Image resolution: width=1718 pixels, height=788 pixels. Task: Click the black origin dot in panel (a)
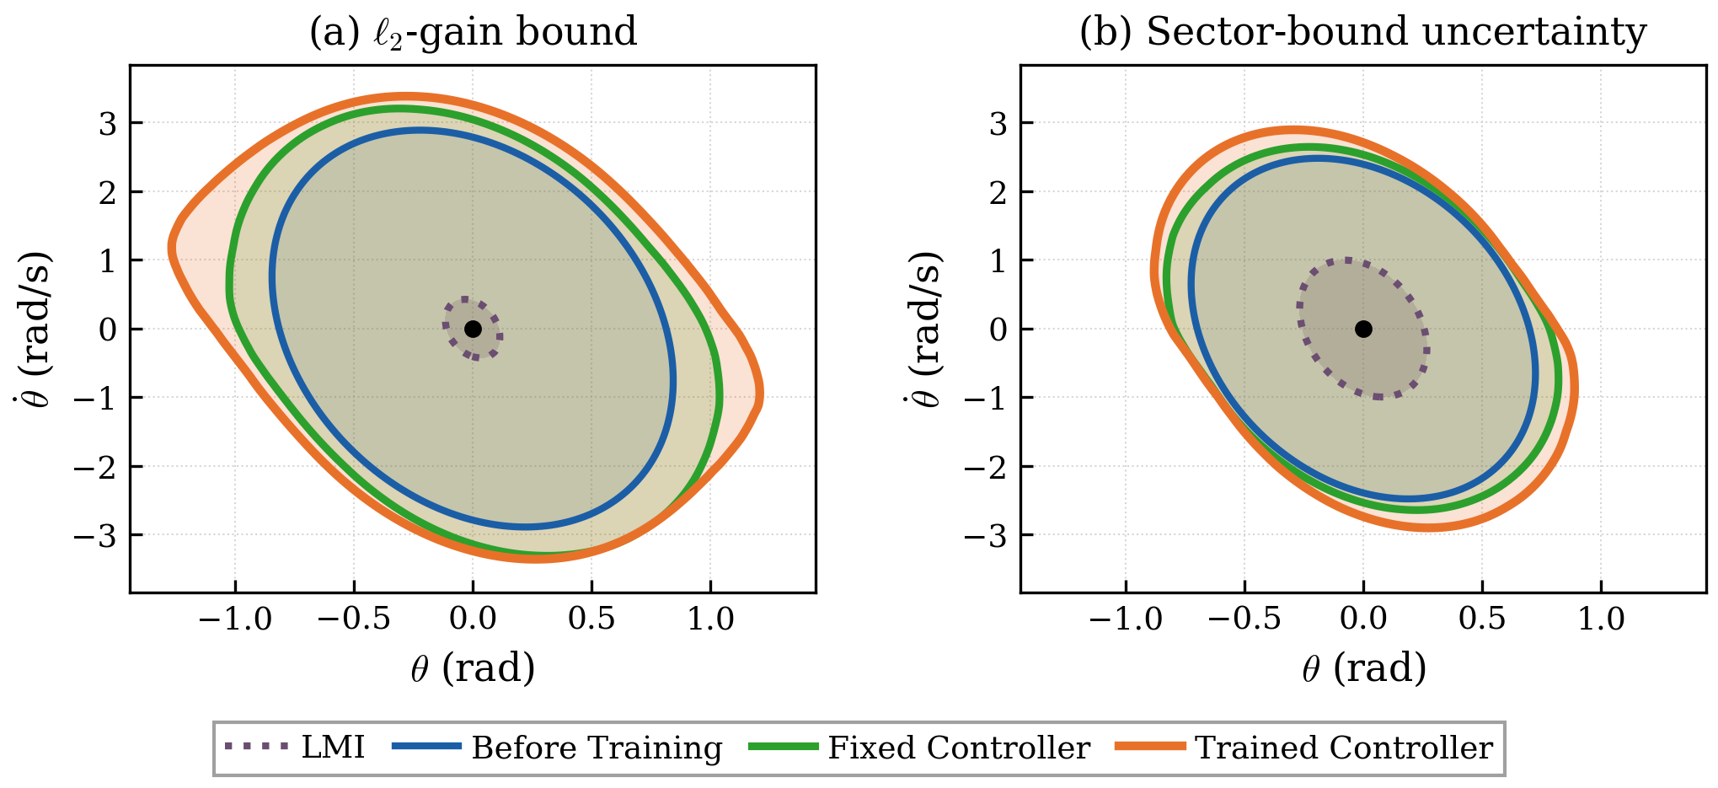click(473, 329)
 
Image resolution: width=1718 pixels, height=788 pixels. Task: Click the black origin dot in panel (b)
click(1363, 329)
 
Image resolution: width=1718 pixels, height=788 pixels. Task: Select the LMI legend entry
click(295, 748)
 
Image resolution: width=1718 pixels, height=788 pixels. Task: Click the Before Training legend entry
click(557, 748)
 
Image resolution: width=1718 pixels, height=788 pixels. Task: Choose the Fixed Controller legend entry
click(919, 748)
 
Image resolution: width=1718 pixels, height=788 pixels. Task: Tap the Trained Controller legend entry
click(1304, 748)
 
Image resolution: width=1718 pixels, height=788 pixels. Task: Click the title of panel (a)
click(473, 32)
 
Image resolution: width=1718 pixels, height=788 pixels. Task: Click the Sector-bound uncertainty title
click(1363, 32)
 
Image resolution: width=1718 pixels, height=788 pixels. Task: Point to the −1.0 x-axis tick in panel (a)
click(235, 619)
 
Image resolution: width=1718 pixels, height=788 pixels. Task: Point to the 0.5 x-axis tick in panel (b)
click(1482, 619)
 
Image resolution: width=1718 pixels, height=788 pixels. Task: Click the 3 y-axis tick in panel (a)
click(109, 123)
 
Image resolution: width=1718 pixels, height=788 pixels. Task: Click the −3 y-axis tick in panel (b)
click(986, 535)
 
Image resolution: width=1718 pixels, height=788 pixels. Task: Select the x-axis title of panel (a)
click(473, 668)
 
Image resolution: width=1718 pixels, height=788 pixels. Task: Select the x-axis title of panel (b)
click(1364, 668)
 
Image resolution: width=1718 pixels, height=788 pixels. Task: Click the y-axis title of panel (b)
click(924, 329)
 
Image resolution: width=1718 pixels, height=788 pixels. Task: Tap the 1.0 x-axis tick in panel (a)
click(711, 619)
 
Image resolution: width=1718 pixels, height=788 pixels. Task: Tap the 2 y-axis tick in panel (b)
click(999, 192)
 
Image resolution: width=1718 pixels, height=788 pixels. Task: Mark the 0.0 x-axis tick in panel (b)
click(1363, 619)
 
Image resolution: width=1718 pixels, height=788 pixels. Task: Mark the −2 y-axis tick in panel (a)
click(95, 466)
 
